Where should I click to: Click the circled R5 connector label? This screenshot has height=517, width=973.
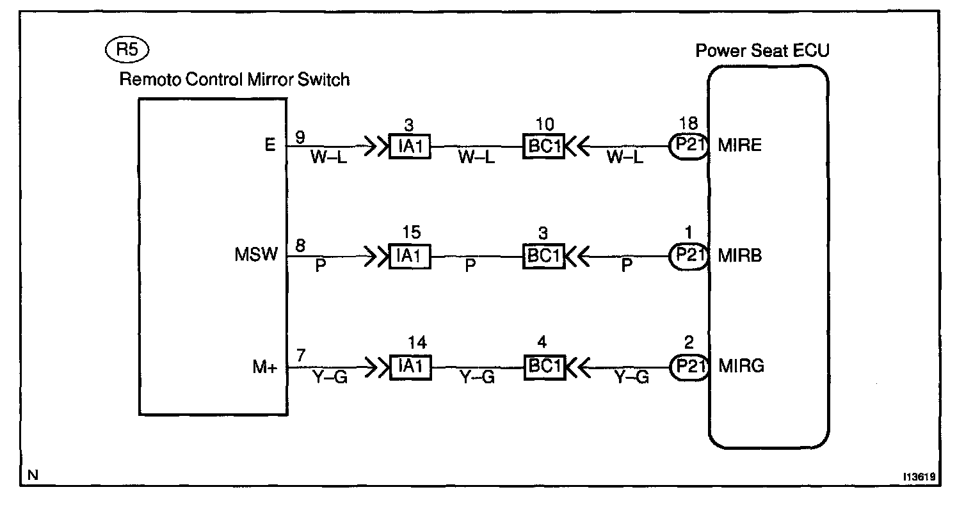pyautogui.click(x=129, y=50)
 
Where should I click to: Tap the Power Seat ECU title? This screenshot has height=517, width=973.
pyautogui.click(x=762, y=51)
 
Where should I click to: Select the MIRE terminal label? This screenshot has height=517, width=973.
pyautogui.click(x=741, y=145)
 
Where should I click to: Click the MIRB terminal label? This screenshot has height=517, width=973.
pyautogui.click(x=741, y=256)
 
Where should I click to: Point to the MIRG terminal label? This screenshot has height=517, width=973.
pyautogui.click(x=741, y=367)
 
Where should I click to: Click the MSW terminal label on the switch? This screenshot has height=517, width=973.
pyautogui.click(x=257, y=255)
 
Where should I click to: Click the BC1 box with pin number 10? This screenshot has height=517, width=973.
pyautogui.click(x=543, y=147)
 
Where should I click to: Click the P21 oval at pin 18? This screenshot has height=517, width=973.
pyautogui.click(x=688, y=147)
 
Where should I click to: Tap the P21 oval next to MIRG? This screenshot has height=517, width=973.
pyautogui.click(x=688, y=367)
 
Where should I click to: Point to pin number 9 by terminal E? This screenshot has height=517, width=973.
pyautogui.click(x=300, y=137)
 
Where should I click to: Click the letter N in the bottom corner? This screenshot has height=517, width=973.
pyautogui.click(x=33, y=475)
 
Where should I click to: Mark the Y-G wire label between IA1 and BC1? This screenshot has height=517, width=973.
pyautogui.click(x=477, y=379)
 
